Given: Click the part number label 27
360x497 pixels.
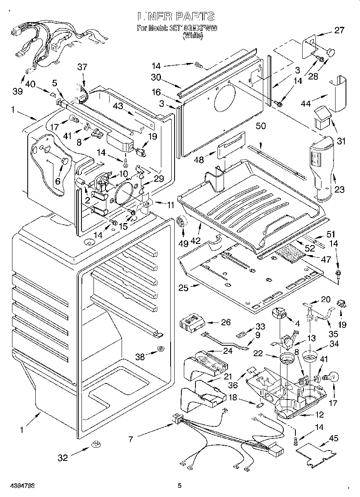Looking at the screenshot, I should (339, 30).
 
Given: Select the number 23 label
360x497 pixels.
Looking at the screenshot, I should (340, 190).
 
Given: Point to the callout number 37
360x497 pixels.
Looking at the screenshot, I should (82, 67).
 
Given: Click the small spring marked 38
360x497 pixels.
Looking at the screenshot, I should (161, 349).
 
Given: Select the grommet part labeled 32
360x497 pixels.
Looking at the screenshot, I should (96, 444).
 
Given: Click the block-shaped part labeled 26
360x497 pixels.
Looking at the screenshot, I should (192, 322).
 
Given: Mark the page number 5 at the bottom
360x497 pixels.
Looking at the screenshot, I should (180, 485).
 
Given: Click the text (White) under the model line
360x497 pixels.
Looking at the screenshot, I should (193, 36).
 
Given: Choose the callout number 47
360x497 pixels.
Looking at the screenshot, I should (326, 260).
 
